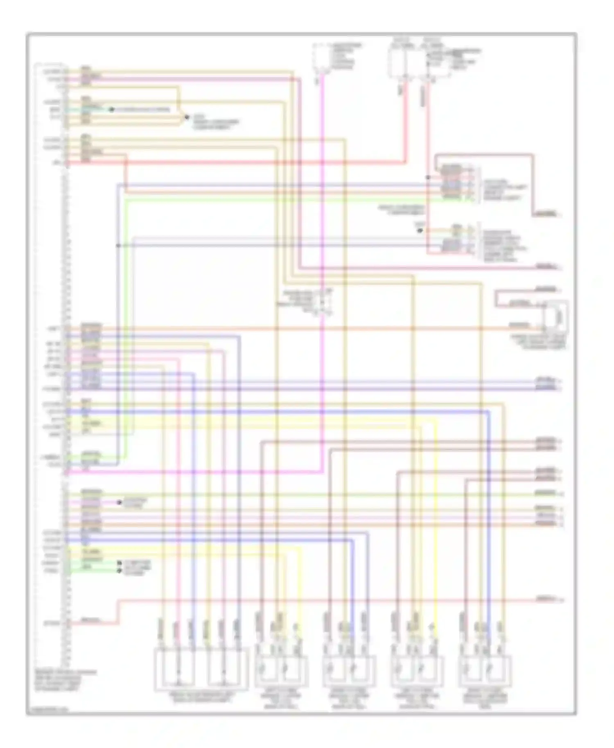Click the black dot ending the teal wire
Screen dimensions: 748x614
click(x=111, y=110)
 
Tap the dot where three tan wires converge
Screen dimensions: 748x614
click(x=187, y=117)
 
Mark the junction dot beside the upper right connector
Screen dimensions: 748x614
click(x=428, y=178)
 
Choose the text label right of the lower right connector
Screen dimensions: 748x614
click(x=503, y=246)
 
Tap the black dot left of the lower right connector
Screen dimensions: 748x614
click(x=420, y=231)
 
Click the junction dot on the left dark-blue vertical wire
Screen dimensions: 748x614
click(x=118, y=246)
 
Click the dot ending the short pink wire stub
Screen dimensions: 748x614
click(x=120, y=502)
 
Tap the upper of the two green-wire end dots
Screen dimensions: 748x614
click(x=120, y=564)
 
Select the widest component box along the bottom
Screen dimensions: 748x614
click(x=201, y=669)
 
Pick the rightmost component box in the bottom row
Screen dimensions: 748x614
click(x=485, y=671)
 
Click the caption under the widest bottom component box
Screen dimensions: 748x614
click(x=201, y=697)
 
